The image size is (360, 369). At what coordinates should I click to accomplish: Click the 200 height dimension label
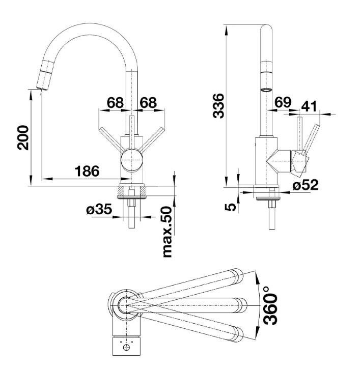click(x=23, y=137)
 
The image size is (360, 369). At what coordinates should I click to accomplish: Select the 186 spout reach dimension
click(x=87, y=171)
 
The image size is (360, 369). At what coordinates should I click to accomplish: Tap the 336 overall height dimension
click(x=218, y=106)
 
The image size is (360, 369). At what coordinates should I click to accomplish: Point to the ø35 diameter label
click(x=99, y=209)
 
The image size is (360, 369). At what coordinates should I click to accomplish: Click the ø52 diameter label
click(x=306, y=185)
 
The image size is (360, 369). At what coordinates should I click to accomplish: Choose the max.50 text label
click(x=168, y=232)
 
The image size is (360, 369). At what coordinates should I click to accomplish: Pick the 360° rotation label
click(x=270, y=305)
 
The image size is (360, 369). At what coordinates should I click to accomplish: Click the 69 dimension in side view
click(x=283, y=102)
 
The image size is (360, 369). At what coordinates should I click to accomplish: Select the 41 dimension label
click(x=309, y=106)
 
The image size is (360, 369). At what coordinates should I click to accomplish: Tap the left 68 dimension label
click(x=116, y=102)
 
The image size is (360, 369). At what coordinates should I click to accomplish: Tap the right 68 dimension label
click(x=148, y=102)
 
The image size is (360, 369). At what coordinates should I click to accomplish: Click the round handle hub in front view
click(x=131, y=160)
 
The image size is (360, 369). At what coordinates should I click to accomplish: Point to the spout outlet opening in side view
click(x=266, y=90)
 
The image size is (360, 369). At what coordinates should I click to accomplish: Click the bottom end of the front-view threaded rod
click(x=131, y=228)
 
